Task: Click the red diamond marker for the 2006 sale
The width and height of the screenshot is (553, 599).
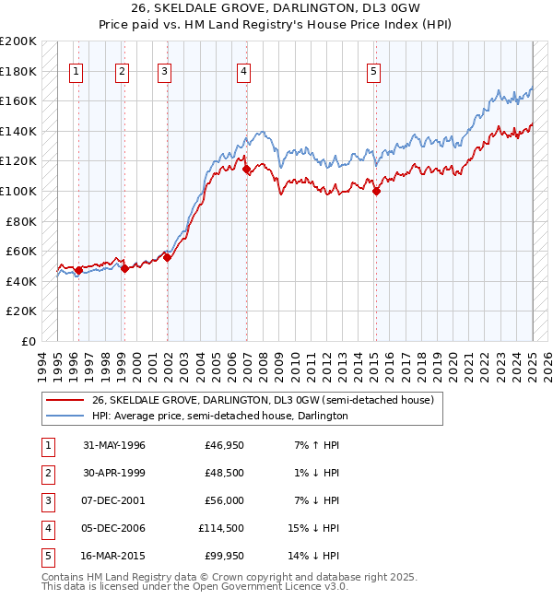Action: click(246, 170)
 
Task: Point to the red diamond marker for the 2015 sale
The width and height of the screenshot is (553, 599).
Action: click(376, 192)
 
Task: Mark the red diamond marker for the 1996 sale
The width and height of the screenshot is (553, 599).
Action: click(78, 271)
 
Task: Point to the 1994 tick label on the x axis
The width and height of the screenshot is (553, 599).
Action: click(42, 363)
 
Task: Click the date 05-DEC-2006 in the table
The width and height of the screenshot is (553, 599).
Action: click(113, 528)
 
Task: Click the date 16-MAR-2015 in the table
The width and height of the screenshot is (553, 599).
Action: click(113, 556)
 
